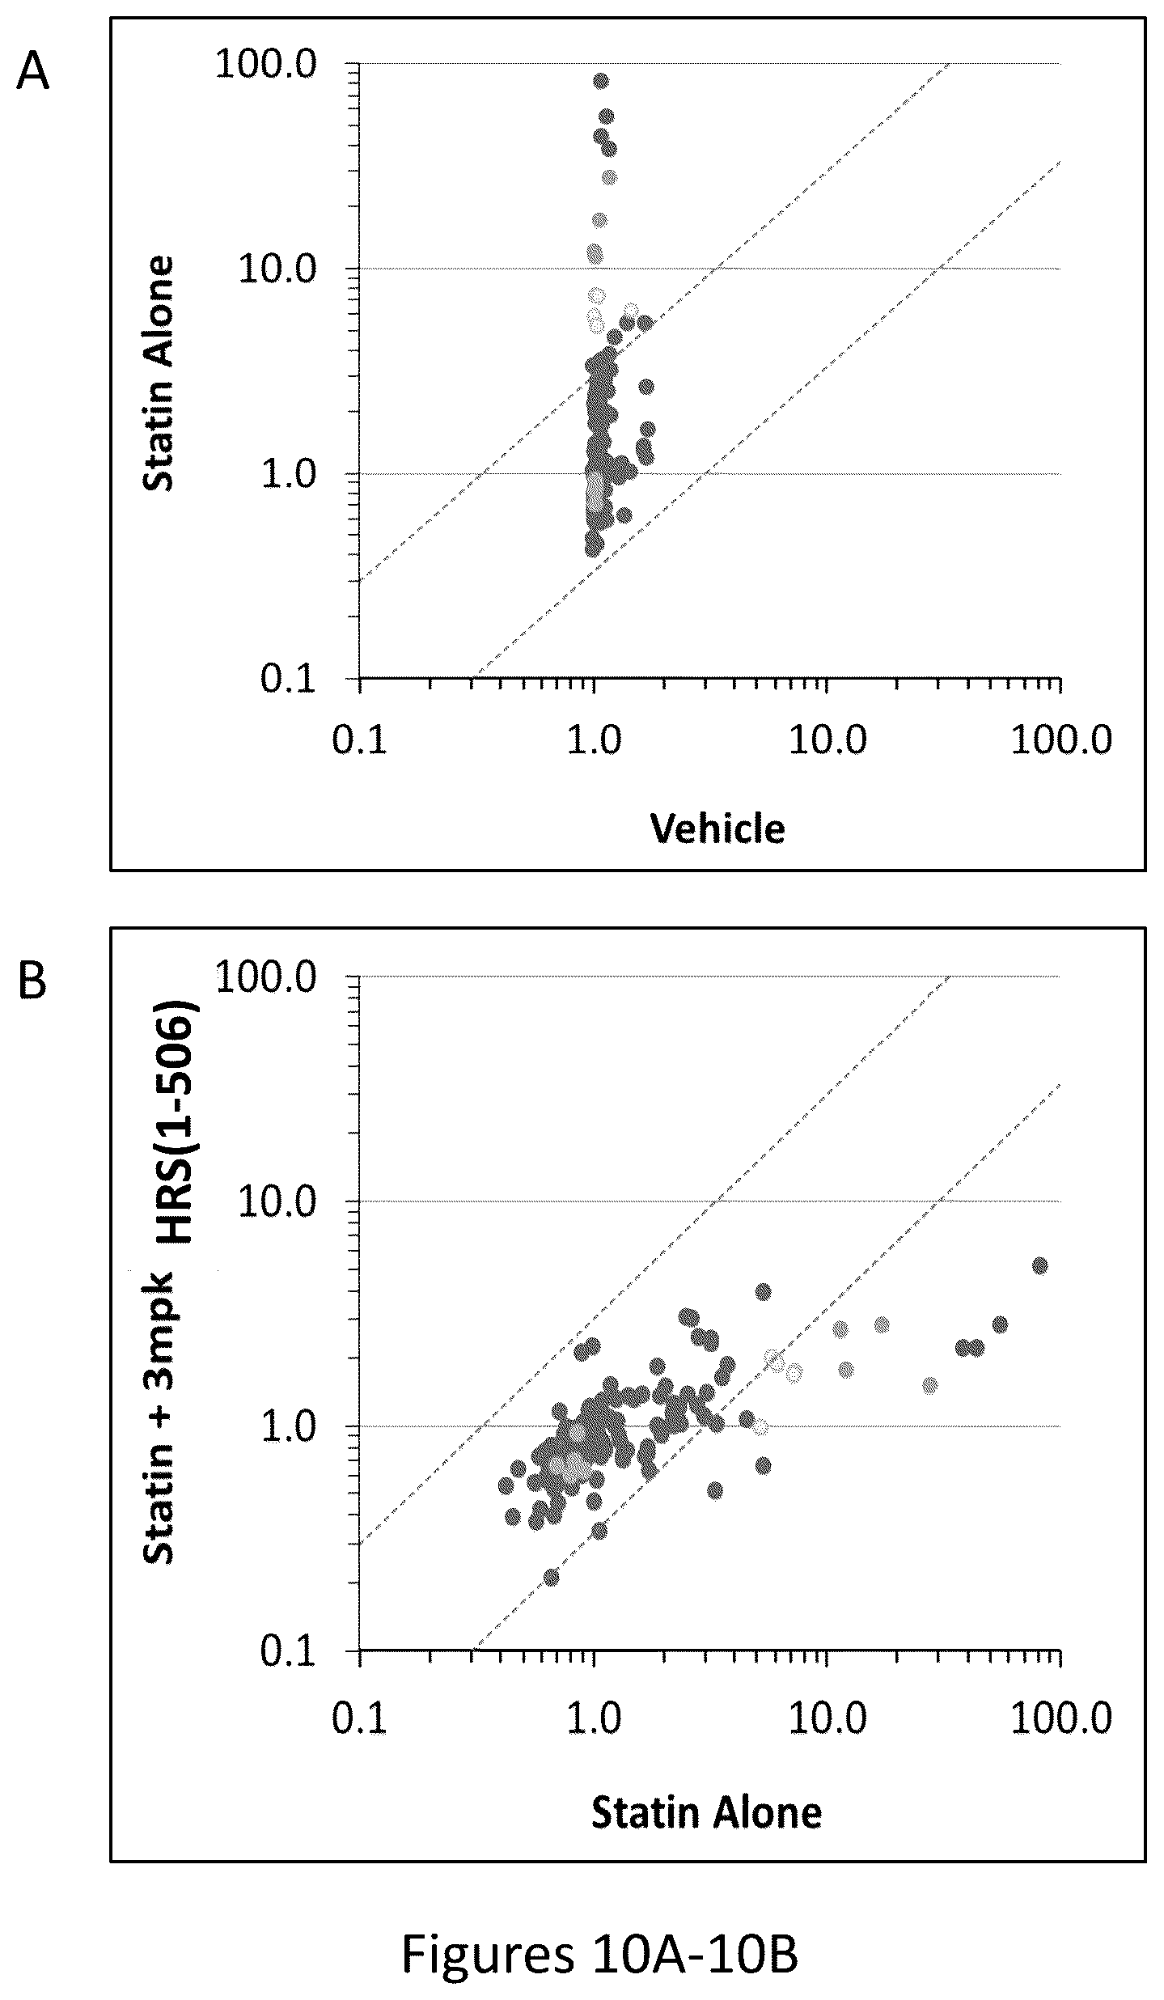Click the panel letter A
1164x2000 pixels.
click(33, 74)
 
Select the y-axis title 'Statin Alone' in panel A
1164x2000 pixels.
click(159, 374)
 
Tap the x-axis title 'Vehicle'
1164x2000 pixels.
click(718, 829)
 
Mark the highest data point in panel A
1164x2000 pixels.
click(601, 81)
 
